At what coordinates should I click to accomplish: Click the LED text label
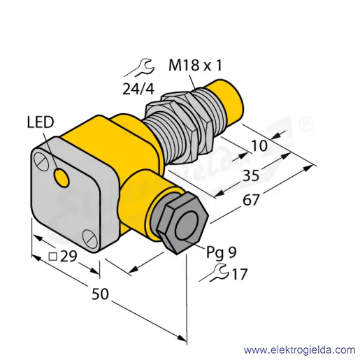41,122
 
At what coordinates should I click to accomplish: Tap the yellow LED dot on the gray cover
62,178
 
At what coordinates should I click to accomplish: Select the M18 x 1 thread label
195,65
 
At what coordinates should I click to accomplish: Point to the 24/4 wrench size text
138,89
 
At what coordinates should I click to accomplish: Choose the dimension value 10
259,146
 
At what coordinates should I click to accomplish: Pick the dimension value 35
251,175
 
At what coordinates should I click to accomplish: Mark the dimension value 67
251,200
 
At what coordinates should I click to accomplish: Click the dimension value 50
100,294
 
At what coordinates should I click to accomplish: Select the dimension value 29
69,257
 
